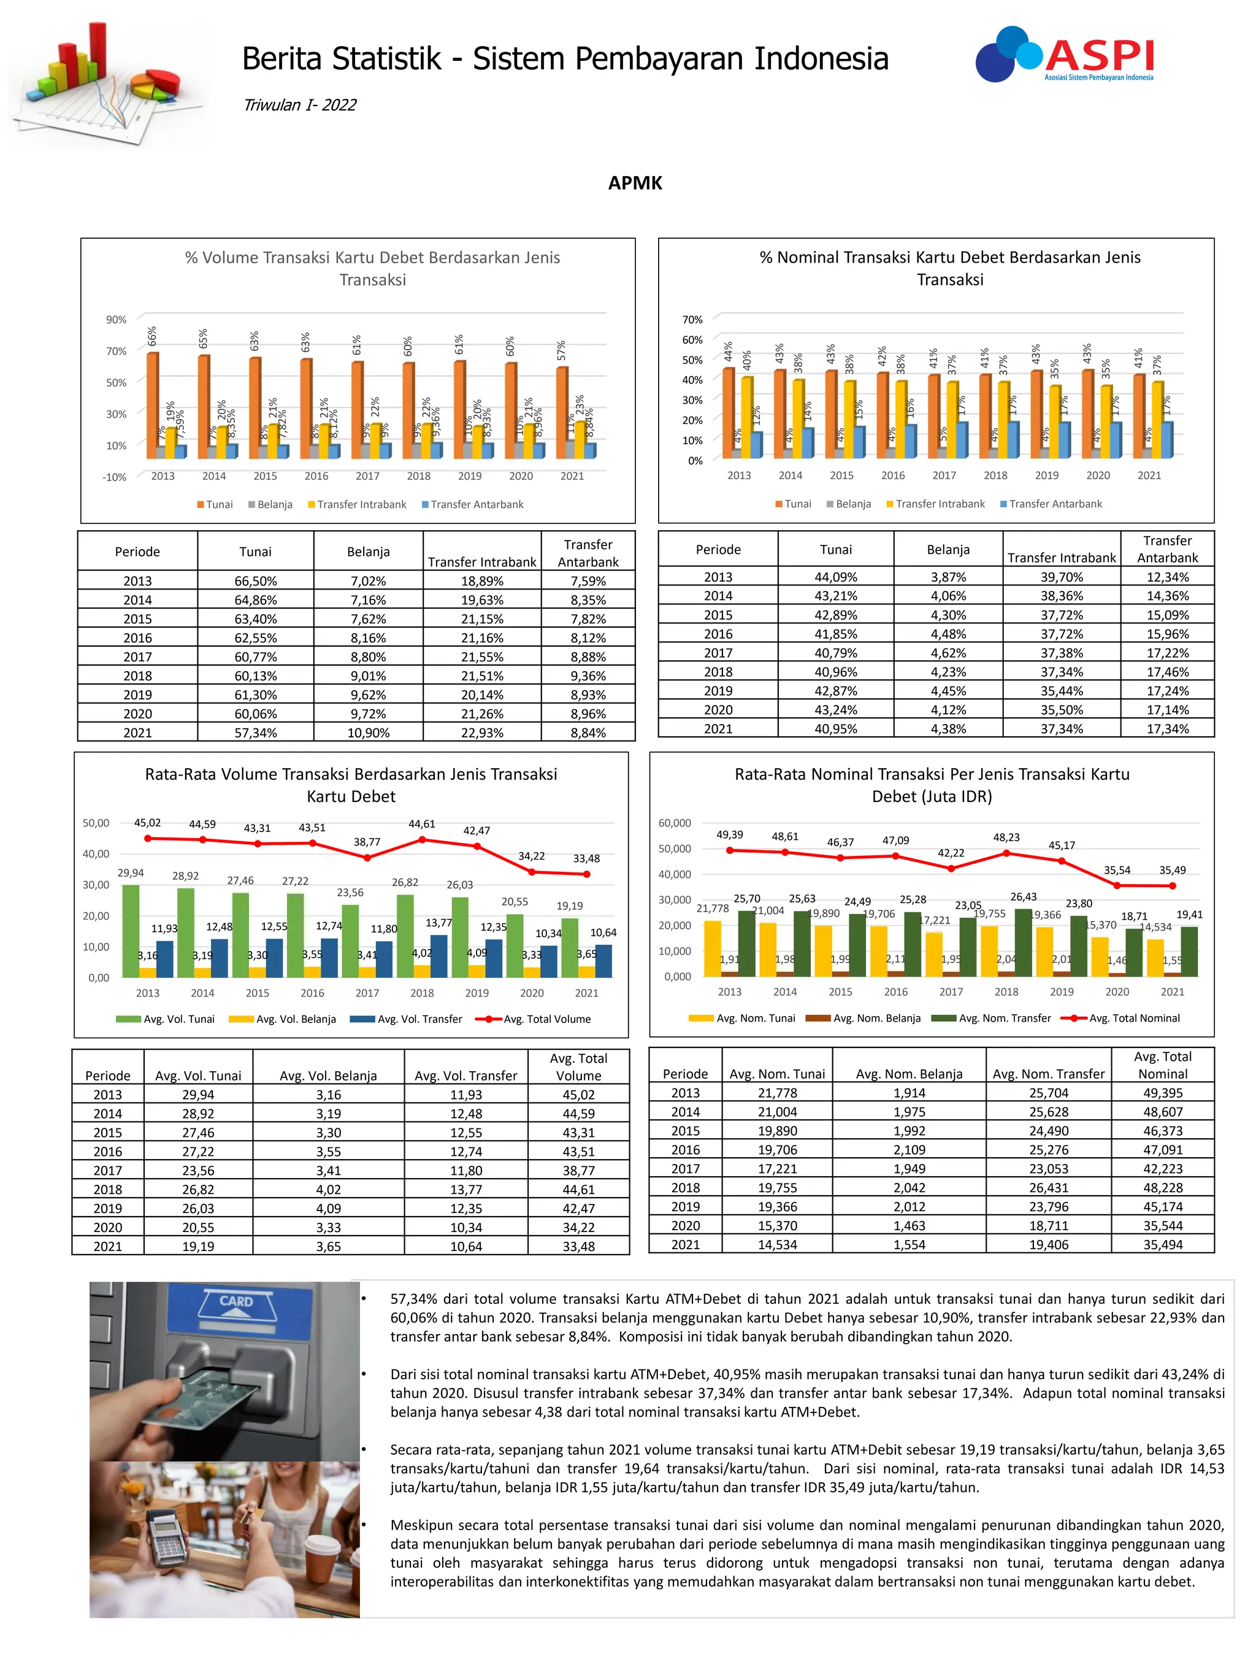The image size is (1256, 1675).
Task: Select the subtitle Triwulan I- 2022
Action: [299, 104]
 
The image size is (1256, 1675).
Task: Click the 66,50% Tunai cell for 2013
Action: [255, 581]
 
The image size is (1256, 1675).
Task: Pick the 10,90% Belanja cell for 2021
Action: [368, 732]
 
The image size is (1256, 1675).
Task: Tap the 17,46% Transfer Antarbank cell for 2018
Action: [1166, 672]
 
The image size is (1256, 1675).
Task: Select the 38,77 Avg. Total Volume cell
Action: [578, 1170]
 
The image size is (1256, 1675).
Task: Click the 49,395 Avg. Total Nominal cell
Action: [1162, 1093]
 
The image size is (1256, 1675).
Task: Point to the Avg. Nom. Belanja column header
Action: [908, 1074]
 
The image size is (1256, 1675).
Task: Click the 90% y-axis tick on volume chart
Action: [116, 320]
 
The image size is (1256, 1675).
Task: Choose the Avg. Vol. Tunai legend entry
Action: [165, 1019]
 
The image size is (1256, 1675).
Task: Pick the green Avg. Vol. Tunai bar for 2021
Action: [569, 947]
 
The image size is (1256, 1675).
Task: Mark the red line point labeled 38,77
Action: [367, 858]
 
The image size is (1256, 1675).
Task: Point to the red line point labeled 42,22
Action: [951, 869]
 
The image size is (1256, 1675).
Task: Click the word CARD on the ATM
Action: [236, 1301]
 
